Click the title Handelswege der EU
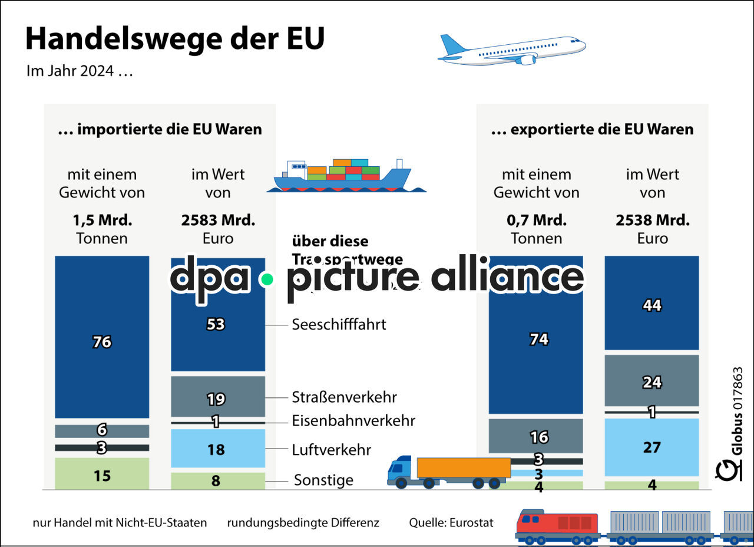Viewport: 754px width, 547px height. [x=175, y=39]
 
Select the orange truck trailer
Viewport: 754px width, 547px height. [x=464, y=468]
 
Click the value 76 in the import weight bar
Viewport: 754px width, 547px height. [x=102, y=342]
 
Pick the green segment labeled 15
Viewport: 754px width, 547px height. [x=102, y=474]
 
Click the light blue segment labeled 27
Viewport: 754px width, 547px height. [x=652, y=447]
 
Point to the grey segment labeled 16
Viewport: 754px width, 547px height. [x=536, y=436]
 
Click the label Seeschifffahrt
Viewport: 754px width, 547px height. [x=339, y=324]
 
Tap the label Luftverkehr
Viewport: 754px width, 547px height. [x=332, y=450]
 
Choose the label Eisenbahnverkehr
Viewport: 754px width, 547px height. [x=353, y=421]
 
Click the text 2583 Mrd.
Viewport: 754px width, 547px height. [x=218, y=220]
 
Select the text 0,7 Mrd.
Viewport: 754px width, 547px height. [x=536, y=220]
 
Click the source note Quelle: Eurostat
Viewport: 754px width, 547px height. [x=451, y=522]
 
